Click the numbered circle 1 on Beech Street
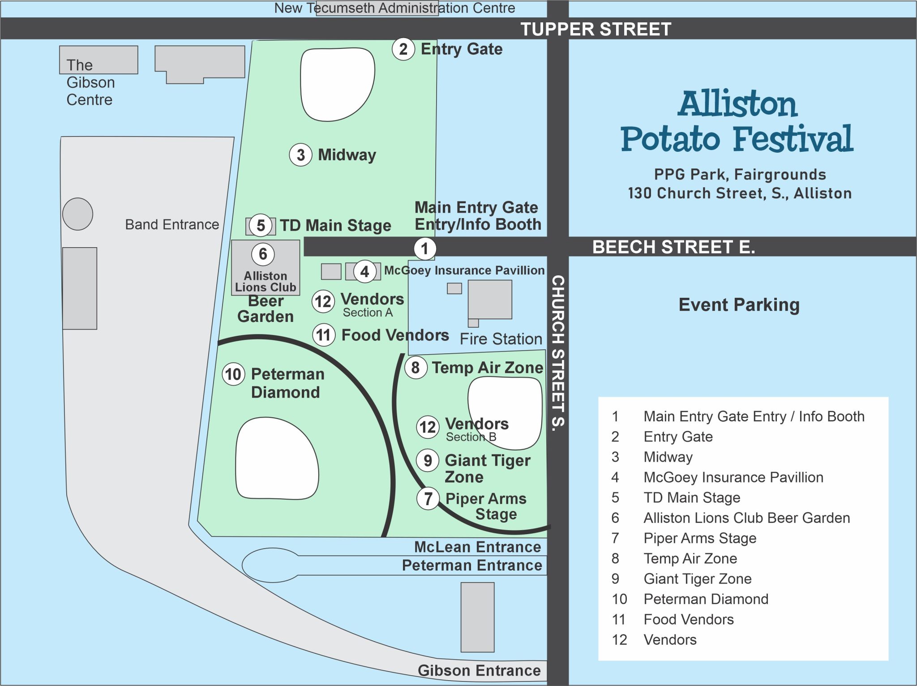(x=424, y=249)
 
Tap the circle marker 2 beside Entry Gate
(x=403, y=49)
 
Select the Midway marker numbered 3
(x=300, y=155)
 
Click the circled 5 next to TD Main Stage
(x=261, y=225)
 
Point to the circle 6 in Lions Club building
(x=263, y=254)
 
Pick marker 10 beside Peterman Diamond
(x=233, y=374)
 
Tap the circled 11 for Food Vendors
(x=324, y=335)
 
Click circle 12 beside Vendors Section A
(x=323, y=301)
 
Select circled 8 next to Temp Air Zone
(x=416, y=368)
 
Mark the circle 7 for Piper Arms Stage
(x=428, y=498)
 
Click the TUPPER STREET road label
(x=596, y=29)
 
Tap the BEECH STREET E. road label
(x=673, y=247)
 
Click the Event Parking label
(x=739, y=305)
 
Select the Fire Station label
(x=501, y=339)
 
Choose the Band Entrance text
(x=172, y=224)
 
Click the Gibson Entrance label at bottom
(x=479, y=670)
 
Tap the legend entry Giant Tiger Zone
(x=697, y=579)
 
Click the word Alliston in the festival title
(x=737, y=104)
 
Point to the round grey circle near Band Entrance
(x=78, y=214)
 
